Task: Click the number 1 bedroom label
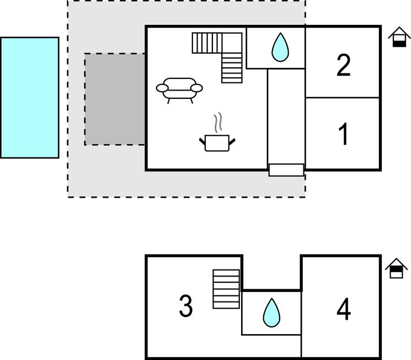coord(343,134)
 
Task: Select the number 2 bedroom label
coord(343,65)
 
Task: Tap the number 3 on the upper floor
coord(186,306)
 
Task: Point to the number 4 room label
coord(343,309)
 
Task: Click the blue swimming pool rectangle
coord(29,98)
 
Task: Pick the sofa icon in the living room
coord(179,88)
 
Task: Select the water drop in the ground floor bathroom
coord(280,47)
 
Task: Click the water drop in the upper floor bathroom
coord(271,313)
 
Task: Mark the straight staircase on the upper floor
coord(226,289)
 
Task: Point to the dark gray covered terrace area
coord(115,99)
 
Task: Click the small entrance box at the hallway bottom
coord(286,170)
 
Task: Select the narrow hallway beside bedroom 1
coord(286,116)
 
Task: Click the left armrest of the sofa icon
coord(163,87)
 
